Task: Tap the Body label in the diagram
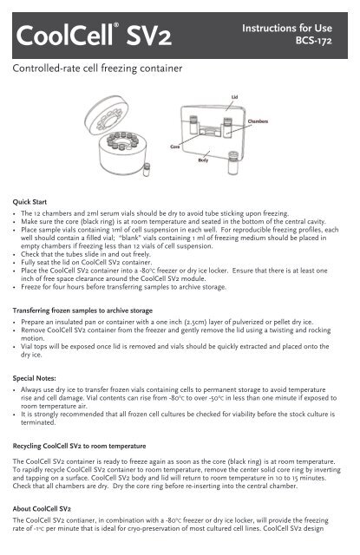[227, 162]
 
